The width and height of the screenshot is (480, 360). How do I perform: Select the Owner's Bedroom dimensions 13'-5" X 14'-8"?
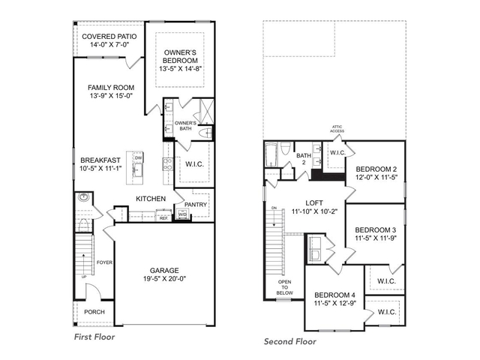pyautogui.click(x=181, y=69)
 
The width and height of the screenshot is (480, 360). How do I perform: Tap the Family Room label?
pyautogui.click(x=110, y=87)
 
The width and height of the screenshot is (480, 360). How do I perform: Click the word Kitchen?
pyautogui.click(x=150, y=199)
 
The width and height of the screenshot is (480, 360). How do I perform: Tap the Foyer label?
pyautogui.click(x=103, y=262)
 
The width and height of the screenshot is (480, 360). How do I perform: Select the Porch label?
pyautogui.click(x=94, y=311)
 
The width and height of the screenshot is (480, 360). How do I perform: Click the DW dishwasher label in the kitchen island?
pyautogui.click(x=139, y=158)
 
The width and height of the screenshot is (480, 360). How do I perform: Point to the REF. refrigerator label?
pyautogui.click(x=163, y=218)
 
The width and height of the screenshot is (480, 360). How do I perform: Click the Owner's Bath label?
pyautogui.click(x=185, y=126)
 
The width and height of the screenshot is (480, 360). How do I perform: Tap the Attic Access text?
pyautogui.click(x=337, y=130)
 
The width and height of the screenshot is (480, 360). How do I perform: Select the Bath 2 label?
pyautogui.click(x=303, y=158)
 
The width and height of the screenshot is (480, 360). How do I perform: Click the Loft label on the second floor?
pyautogui.click(x=313, y=203)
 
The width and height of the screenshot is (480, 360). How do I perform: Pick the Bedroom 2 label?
pyautogui.click(x=376, y=169)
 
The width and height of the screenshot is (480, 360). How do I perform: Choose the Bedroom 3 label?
pyautogui.click(x=375, y=229)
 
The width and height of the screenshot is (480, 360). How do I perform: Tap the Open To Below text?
pyautogui.click(x=284, y=287)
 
